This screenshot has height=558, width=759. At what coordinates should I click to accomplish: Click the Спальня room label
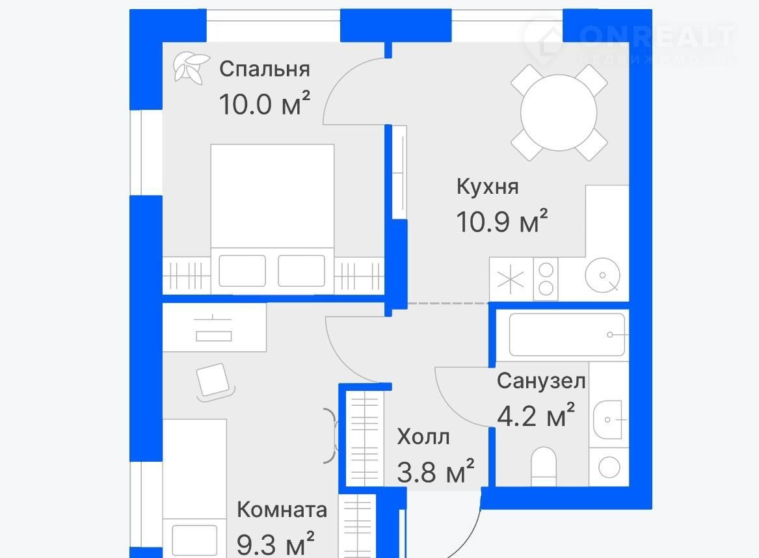coord(264,69)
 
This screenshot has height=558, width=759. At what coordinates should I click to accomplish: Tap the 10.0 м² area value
coord(264,103)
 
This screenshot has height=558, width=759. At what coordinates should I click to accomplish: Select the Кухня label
coord(487,186)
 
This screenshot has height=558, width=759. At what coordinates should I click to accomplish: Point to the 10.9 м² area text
coord(502,221)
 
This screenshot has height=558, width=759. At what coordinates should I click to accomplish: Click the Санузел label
coord(541,381)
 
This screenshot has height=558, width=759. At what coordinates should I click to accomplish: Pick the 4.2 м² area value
coord(536,415)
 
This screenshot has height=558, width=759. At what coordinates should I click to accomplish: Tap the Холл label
coord(423,437)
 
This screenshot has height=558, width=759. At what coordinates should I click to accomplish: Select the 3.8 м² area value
coord(436,471)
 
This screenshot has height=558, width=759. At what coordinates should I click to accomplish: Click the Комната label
coord(282,510)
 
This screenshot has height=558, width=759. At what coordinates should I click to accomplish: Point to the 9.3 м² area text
coord(275,544)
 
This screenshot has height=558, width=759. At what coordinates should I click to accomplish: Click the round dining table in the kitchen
coord(559,113)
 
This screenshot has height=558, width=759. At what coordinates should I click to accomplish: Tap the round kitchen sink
coord(602,275)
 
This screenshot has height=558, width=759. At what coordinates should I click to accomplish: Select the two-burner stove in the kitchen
coord(546,279)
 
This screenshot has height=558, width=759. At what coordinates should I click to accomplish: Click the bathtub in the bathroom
coord(567,334)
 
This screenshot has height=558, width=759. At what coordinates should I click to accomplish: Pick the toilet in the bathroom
coord(544,466)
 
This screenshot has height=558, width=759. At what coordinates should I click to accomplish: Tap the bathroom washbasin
coord(607,419)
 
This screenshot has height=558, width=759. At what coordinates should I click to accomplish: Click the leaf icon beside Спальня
coord(191,68)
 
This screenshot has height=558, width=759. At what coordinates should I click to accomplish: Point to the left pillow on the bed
coord(242,271)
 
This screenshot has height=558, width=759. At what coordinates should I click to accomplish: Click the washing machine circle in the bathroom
coord(609,467)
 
